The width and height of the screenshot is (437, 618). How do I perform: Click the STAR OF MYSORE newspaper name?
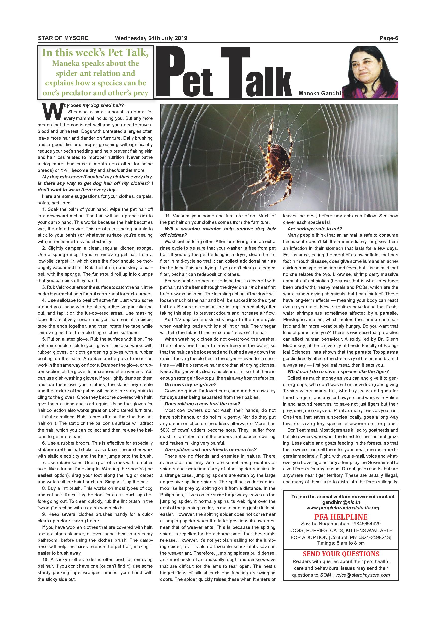click(x=63, y=38)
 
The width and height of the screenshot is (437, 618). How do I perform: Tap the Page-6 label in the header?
click(x=389, y=38)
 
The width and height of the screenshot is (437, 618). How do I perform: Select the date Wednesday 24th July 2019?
click(x=151, y=38)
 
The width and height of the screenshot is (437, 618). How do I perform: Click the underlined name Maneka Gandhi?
click(x=320, y=94)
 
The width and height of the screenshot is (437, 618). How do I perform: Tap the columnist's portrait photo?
click(x=371, y=72)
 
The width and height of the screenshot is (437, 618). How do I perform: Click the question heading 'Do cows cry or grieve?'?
click(x=191, y=384)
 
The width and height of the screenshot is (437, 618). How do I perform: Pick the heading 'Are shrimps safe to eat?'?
click(x=314, y=229)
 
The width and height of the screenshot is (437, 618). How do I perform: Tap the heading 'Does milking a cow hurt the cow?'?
click(x=202, y=404)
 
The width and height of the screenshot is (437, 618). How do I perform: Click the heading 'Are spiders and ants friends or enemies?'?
click(x=211, y=450)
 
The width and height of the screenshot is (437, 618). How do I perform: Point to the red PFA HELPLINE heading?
click(x=341, y=517)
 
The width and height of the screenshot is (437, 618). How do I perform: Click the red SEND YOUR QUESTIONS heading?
click(x=341, y=554)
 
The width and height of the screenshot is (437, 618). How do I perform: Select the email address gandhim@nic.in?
click(x=341, y=502)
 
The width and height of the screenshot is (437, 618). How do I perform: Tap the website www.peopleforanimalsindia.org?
click(x=343, y=508)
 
